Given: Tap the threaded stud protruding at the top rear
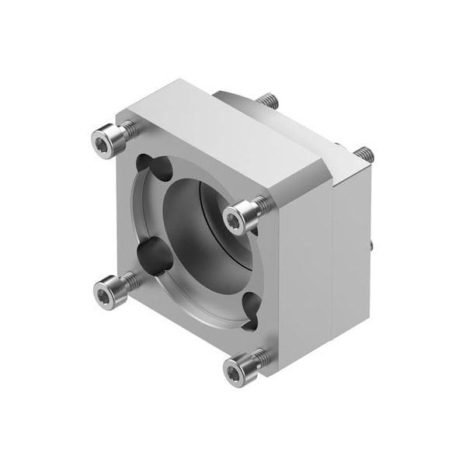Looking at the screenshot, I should (x=267, y=100).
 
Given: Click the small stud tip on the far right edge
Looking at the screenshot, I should (x=374, y=247).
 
